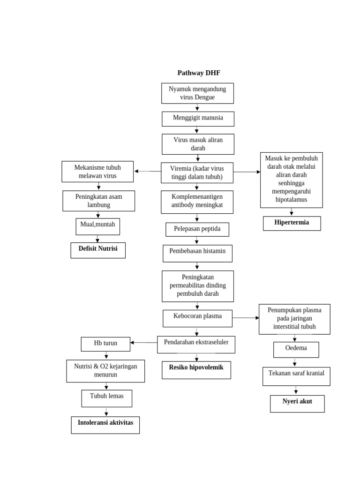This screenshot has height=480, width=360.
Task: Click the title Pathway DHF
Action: tap(198, 73)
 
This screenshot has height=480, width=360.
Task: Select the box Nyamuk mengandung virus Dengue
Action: tap(197, 93)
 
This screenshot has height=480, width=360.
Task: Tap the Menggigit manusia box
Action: tap(198, 119)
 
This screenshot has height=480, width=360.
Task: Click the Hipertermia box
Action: tap(292, 223)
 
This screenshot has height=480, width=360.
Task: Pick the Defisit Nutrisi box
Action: tap(98, 250)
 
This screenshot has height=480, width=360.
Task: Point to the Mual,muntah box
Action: tap(97, 226)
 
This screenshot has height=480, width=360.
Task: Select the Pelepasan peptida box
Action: tap(197, 229)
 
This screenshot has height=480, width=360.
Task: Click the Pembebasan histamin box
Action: tap(197, 253)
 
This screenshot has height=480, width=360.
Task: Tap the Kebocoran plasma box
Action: tap(197, 318)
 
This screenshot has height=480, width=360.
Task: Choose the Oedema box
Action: tap(296, 349)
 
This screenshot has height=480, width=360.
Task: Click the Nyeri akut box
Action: tap(297, 403)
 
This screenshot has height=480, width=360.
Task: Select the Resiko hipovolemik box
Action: tap(196, 369)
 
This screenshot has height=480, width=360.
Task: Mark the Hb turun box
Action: tap(105, 344)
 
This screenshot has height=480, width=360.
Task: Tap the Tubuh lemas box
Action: tap(106, 398)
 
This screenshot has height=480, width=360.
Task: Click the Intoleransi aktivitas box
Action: tap(105, 425)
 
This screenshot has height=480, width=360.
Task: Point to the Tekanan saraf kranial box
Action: tap(296, 376)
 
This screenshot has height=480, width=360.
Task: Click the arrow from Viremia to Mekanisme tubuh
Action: tap(148, 172)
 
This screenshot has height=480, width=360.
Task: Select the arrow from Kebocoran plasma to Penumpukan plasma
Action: tap(246, 318)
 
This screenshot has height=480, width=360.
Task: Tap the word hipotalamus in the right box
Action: tap(291, 200)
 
